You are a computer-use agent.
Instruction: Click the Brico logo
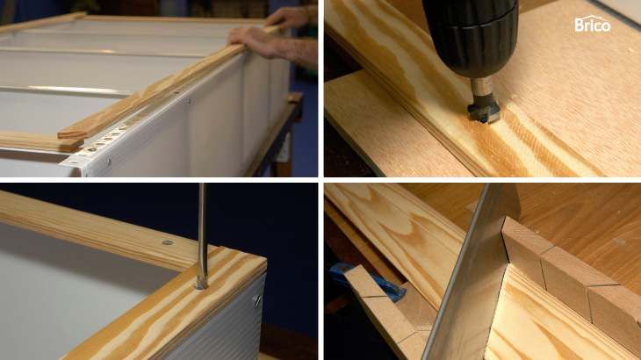click(593, 24)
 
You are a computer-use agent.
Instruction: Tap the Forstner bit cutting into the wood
click(484, 112)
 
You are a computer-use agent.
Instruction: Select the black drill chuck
click(471, 37)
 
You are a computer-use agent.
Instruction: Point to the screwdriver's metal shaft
click(202, 233)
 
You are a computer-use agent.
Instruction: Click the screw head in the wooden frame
click(167, 242)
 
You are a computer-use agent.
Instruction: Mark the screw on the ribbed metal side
click(257, 301)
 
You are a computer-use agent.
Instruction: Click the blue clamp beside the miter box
click(368, 282)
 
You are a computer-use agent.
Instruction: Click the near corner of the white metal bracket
click(61, 164)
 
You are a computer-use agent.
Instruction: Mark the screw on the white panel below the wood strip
click(189, 101)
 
